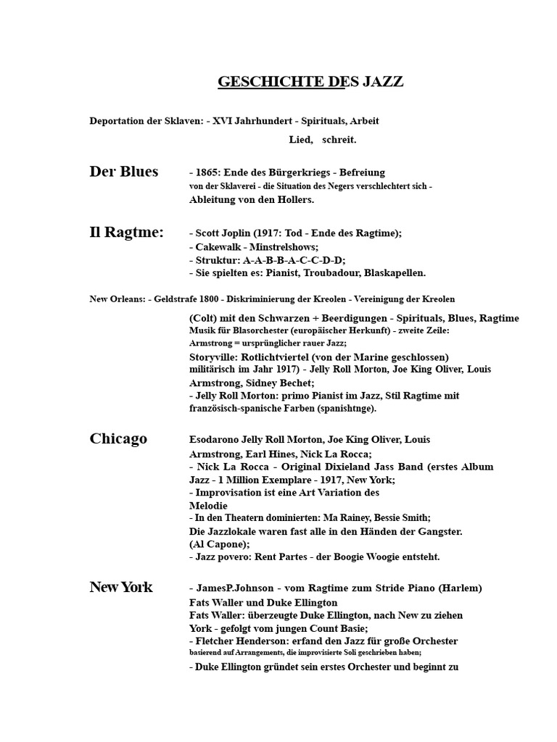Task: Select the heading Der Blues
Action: click(x=123, y=172)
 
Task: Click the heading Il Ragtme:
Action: click(x=126, y=232)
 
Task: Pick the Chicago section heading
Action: click(x=118, y=438)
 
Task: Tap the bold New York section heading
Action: click(x=121, y=587)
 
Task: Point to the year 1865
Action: click(x=207, y=172)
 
